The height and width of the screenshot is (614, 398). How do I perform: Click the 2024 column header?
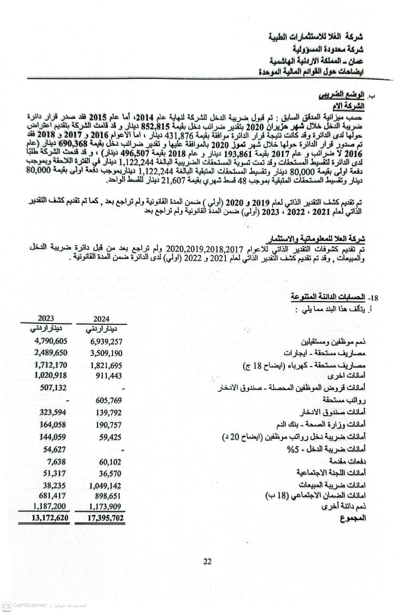pos(101,319)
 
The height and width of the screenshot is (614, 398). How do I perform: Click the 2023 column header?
pos(46,318)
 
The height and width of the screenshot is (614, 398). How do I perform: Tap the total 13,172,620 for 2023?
pos(50,518)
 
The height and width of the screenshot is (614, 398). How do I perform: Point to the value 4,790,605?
pos(51,341)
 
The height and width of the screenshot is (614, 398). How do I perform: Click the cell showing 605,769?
pos(109,401)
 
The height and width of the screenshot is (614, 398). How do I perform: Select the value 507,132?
pos(53,388)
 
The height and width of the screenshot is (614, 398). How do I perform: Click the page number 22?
pos(207,561)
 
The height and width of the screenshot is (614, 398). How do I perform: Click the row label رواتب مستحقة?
pos(344,400)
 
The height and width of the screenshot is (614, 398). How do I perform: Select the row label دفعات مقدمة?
pos(347,461)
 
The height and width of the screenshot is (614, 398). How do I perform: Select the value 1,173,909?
pos(105,506)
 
